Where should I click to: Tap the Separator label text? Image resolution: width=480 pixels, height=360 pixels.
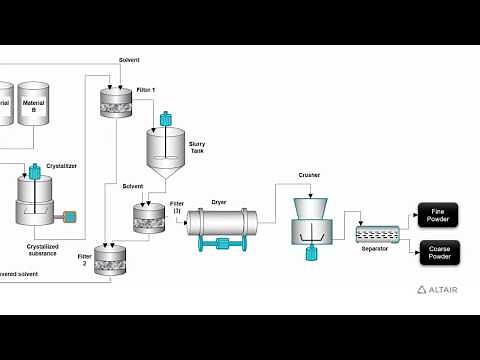pos(374,248)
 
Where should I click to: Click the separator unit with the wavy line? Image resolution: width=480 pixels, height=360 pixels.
pos(377,234)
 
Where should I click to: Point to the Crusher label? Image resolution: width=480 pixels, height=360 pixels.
pos(309,175)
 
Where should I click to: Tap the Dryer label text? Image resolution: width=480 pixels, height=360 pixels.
pos(219,201)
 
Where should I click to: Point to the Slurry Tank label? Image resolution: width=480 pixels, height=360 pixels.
pos(197,147)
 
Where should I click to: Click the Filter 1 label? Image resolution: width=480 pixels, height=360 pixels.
pos(146,90)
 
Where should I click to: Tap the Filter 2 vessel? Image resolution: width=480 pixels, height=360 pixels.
pos(111,260)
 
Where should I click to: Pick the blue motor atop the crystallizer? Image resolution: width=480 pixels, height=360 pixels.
pos(35,172)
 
